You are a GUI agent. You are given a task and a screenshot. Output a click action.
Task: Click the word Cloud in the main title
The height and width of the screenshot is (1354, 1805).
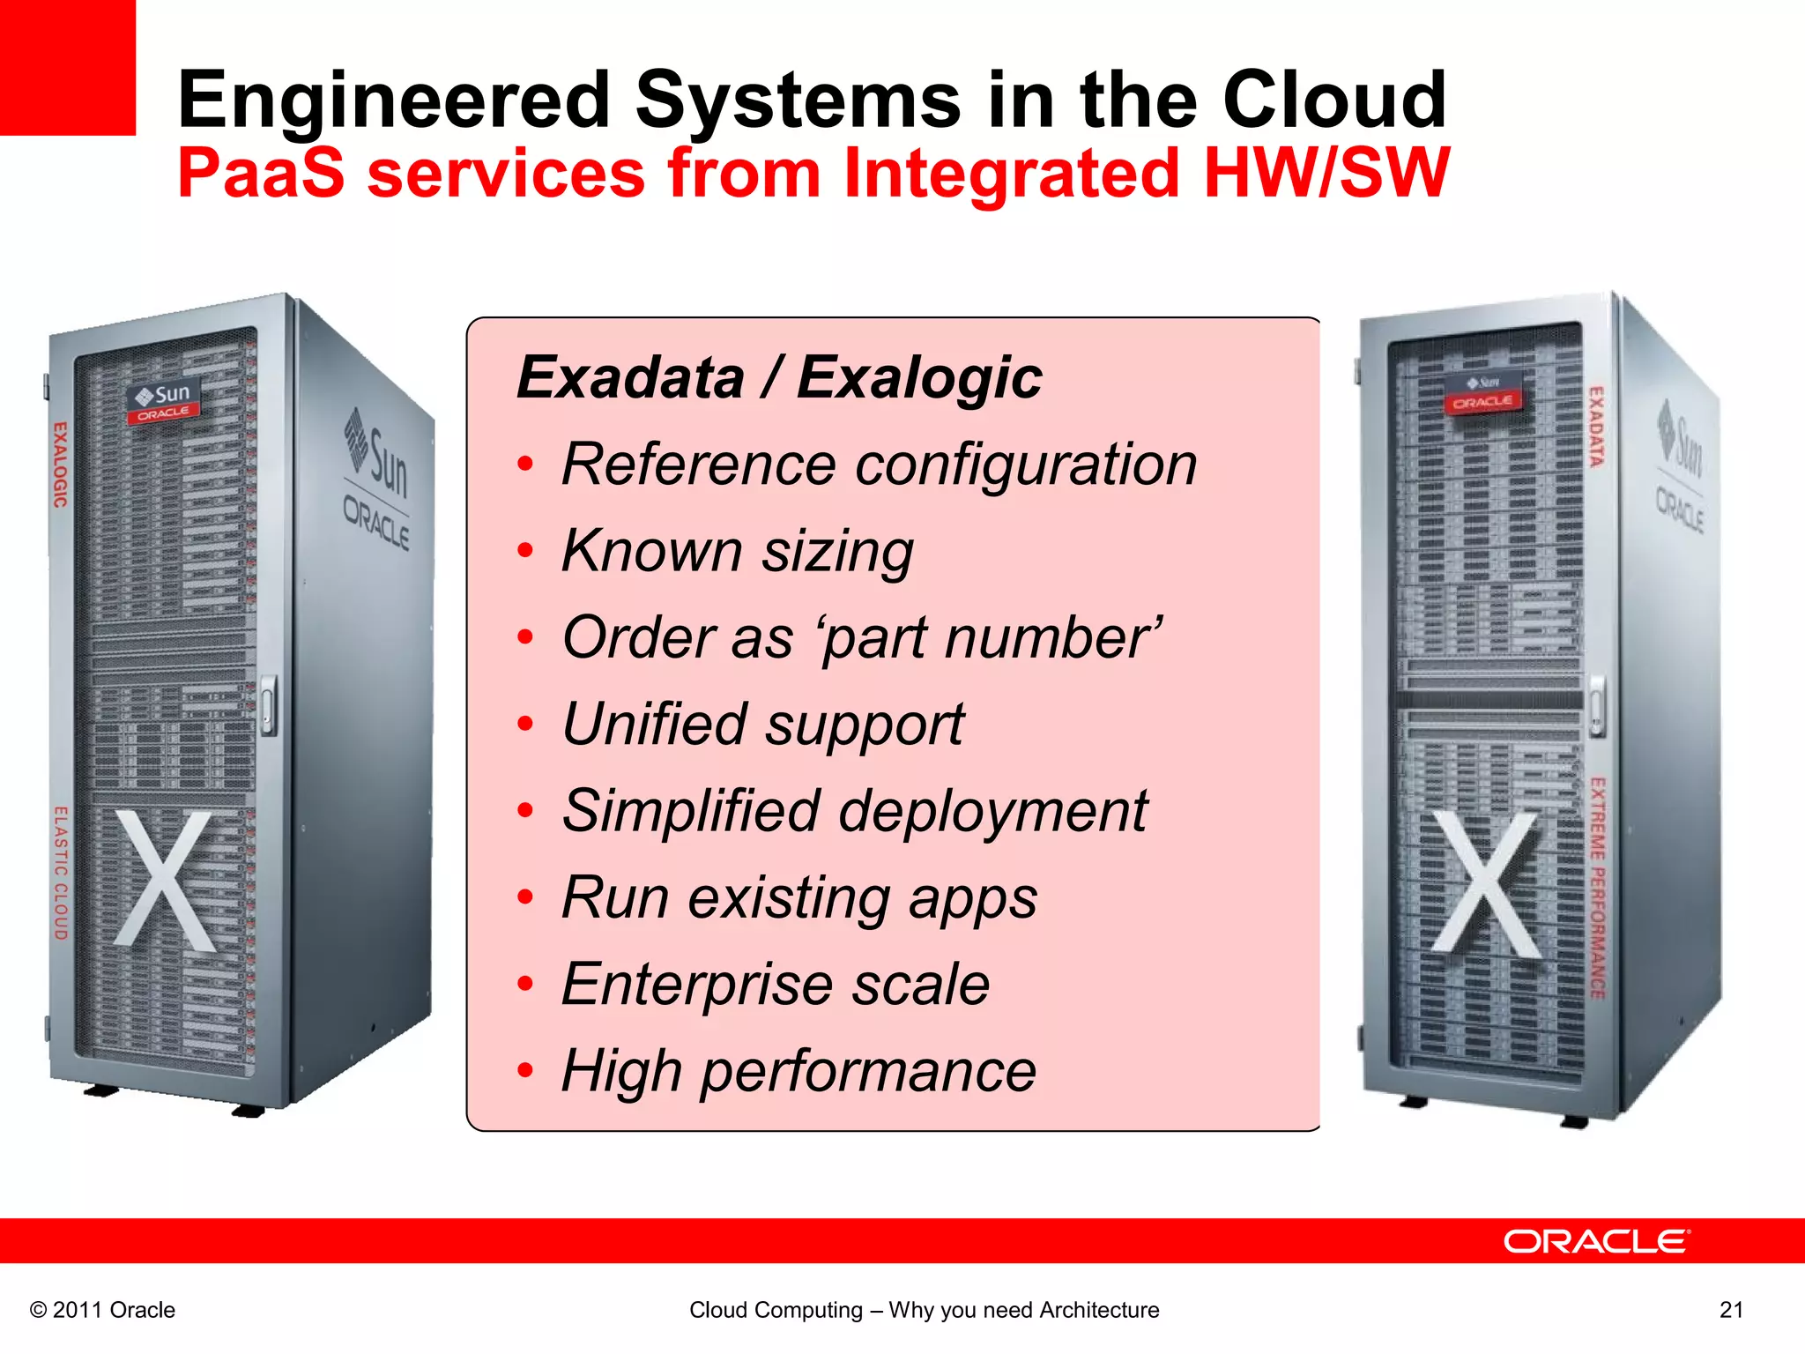pos(1333,100)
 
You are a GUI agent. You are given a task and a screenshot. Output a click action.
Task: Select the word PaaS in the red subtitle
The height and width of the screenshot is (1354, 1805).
pos(261,173)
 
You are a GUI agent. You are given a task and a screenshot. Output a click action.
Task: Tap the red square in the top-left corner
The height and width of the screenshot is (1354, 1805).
pos(67,67)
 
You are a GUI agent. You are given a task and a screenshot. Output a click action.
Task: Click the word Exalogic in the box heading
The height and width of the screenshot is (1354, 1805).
pos(919,378)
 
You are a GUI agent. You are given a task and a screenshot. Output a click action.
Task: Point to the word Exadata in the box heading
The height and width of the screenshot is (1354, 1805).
pos(631,378)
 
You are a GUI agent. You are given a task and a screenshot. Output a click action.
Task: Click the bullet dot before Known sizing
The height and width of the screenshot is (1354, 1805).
pos(526,551)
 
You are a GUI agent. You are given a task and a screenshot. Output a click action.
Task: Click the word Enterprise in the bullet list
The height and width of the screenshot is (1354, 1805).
pos(696,984)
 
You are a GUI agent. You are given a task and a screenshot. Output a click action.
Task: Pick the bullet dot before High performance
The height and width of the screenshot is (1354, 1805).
pos(526,1071)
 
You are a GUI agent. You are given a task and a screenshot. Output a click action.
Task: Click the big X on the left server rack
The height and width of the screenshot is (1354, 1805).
pos(165,882)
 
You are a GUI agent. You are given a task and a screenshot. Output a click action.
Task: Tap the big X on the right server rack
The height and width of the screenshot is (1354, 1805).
pos(1486,883)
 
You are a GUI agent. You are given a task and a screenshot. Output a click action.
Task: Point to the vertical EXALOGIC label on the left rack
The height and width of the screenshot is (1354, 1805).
pos(60,465)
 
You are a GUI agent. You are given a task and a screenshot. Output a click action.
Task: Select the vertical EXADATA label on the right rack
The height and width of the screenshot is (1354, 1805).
pos(1596,427)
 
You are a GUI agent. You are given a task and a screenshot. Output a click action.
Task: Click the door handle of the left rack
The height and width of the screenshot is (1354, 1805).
pos(268,705)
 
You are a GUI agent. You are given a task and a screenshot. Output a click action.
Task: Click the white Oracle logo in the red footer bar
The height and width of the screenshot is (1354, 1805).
pos(1596,1241)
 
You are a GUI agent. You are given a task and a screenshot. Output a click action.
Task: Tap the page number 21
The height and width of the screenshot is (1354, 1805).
pos(1731,1310)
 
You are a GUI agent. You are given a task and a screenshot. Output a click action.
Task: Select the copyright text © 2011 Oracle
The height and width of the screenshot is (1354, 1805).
pos(103,1310)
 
